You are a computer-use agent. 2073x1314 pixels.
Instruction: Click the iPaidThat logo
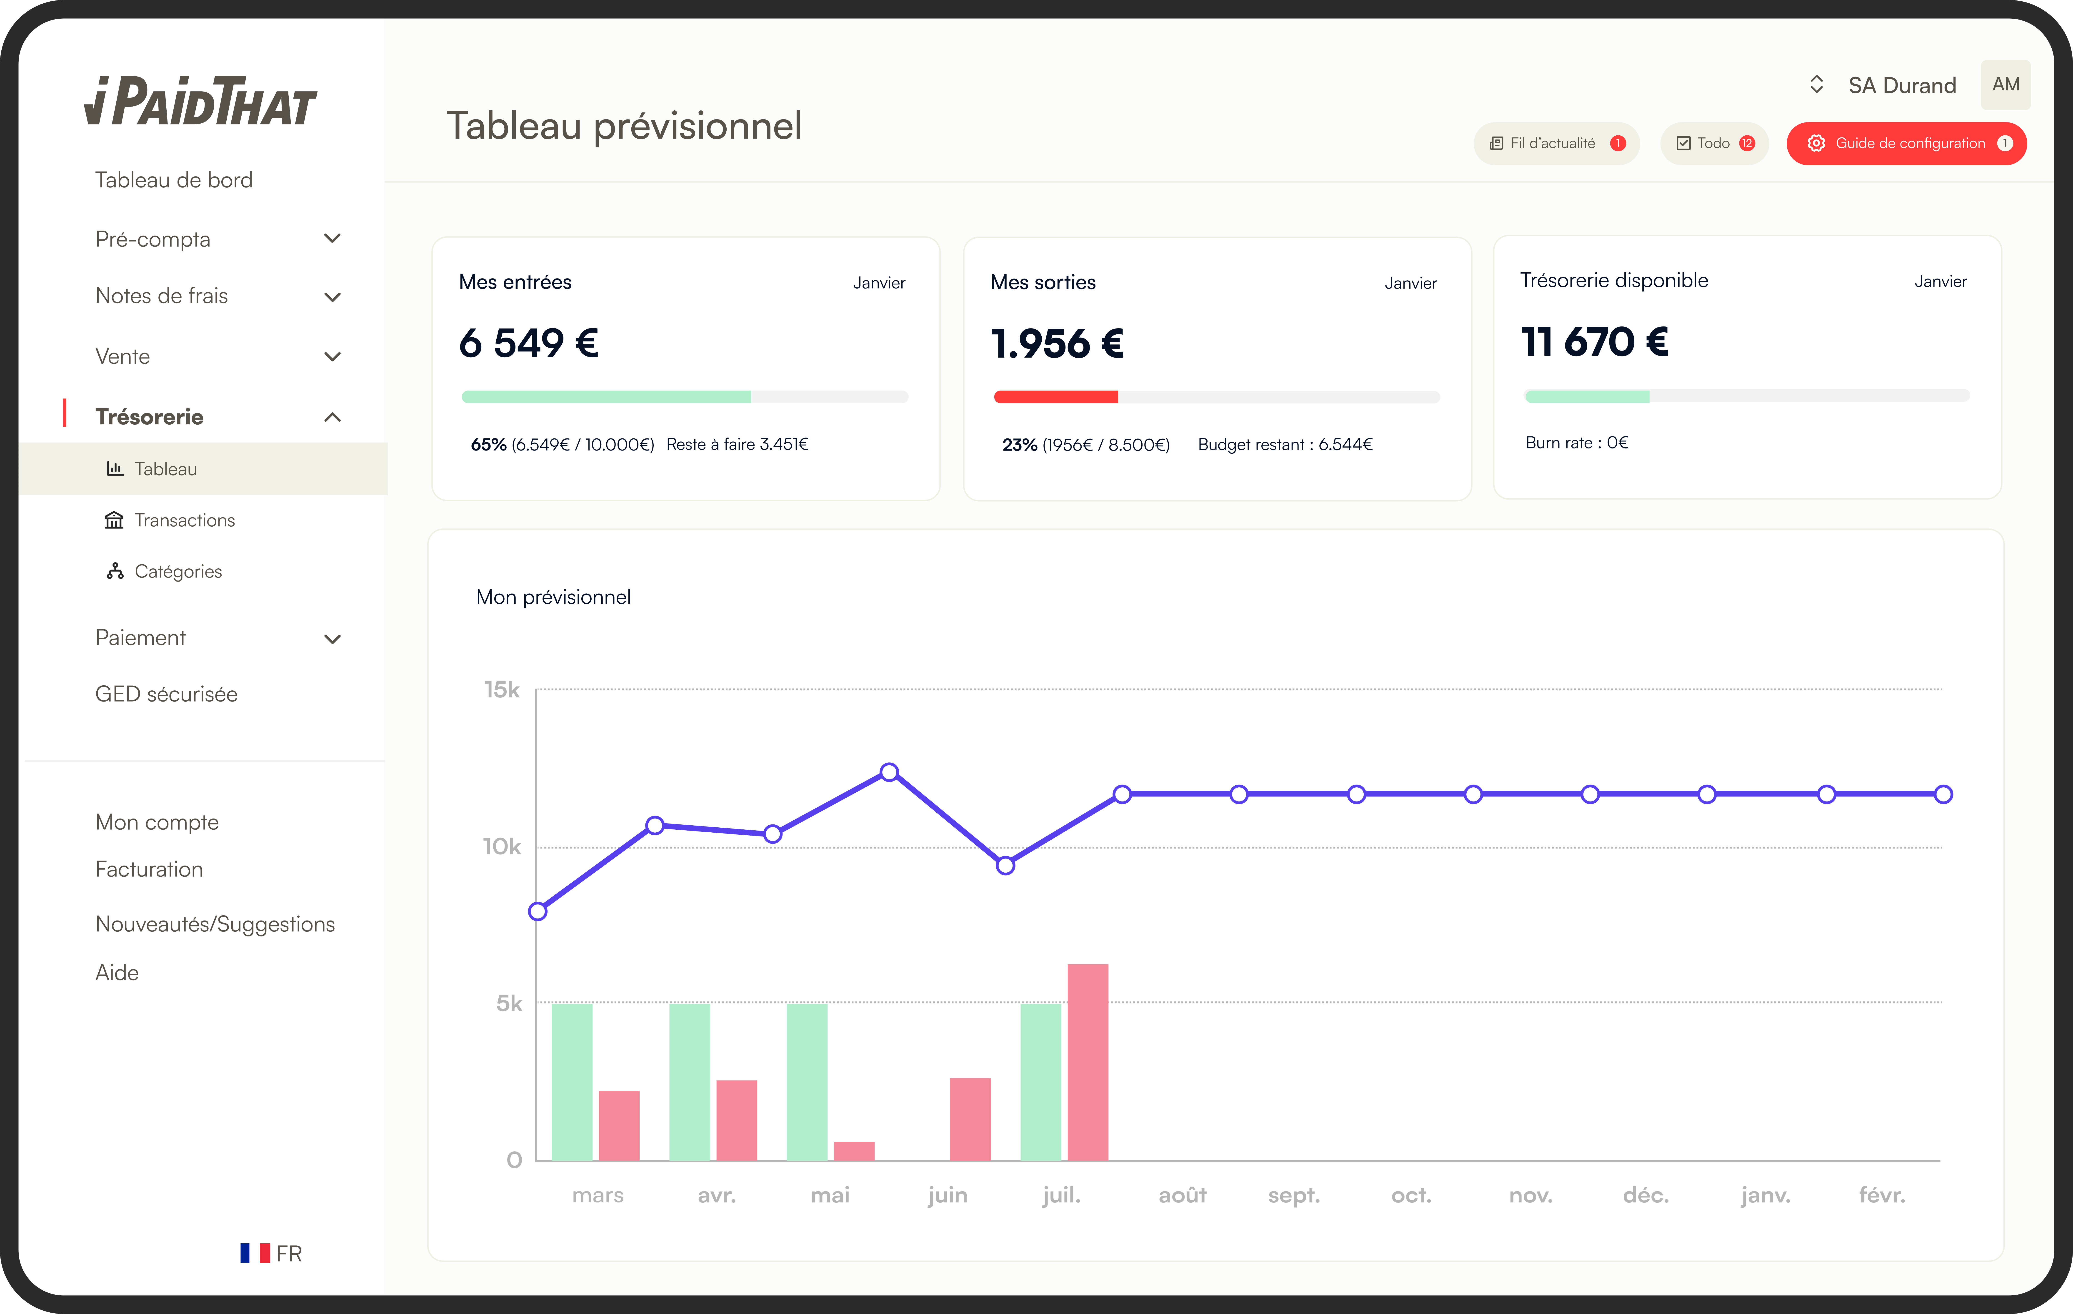point(201,102)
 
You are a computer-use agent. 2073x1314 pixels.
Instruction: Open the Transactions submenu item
point(184,520)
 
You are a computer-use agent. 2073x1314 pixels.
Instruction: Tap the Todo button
point(1713,143)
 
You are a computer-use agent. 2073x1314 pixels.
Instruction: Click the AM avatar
point(2005,84)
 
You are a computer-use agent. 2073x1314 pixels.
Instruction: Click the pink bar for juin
point(970,1119)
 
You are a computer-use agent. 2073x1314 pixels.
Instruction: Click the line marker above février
point(1943,794)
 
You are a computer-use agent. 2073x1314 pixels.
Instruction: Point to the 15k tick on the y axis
point(502,690)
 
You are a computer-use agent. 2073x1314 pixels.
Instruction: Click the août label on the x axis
point(1182,1195)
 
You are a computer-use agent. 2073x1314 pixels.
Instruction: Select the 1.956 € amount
point(1057,343)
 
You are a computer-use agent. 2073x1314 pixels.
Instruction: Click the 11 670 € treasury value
point(1594,342)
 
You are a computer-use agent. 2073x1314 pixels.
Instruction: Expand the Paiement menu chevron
point(332,639)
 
